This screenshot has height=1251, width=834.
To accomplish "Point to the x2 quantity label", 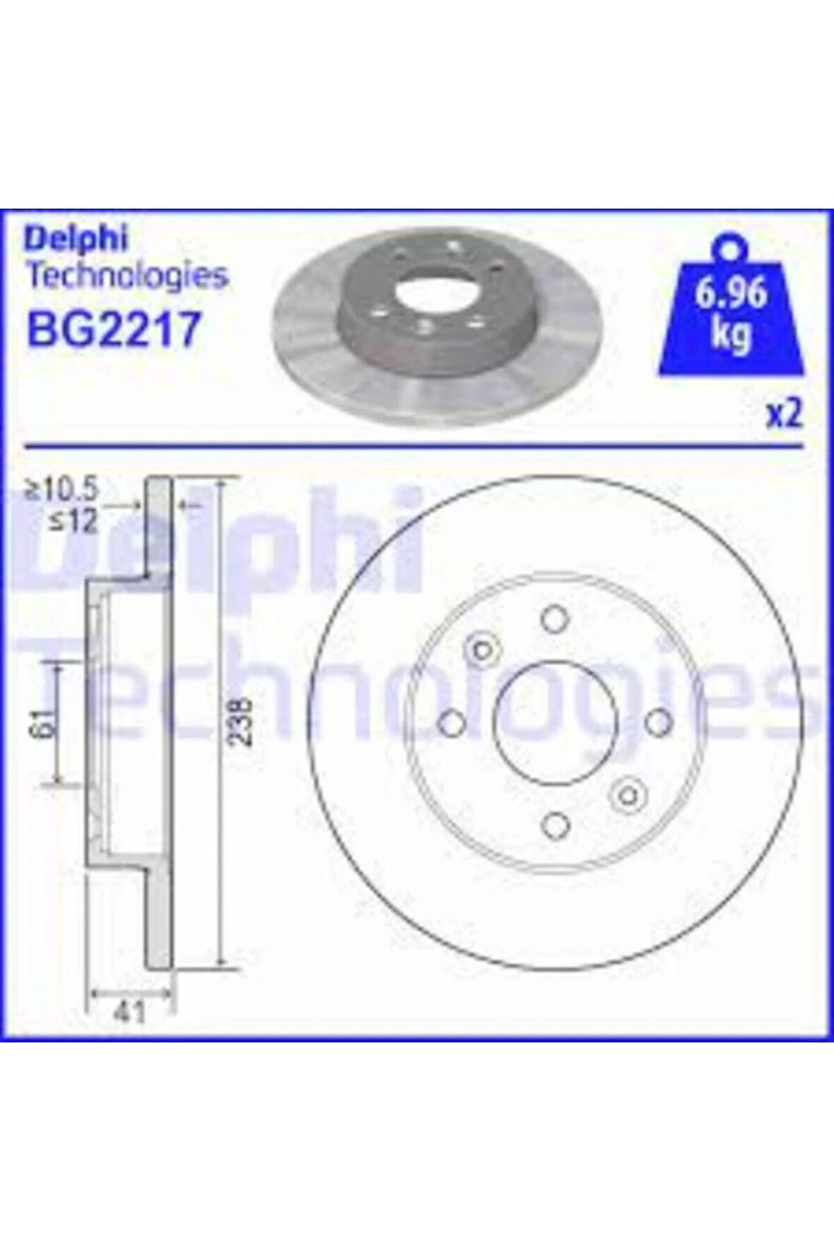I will click(785, 415).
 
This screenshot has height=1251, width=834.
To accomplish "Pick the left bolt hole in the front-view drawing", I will click(451, 722).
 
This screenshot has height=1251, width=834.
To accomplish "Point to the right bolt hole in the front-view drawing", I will click(657, 722).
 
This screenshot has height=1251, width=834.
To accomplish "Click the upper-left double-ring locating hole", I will click(482, 649).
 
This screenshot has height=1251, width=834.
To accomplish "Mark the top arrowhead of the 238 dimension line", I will click(222, 483).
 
